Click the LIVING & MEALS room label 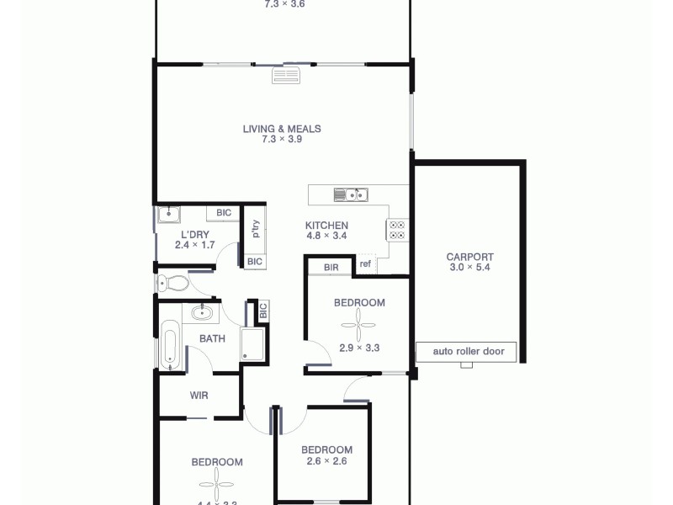tap(282, 129)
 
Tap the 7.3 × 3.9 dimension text tap(282, 140)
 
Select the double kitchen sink tap(350, 195)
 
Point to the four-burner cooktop tap(397, 230)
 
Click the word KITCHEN tap(326, 226)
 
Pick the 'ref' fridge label tap(365, 264)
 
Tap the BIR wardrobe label tap(330, 267)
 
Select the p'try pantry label tap(255, 229)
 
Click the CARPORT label tap(469, 257)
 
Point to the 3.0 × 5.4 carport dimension tap(469, 268)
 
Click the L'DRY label tap(195, 235)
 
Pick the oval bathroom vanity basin tap(202, 313)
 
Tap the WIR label tap(199, 395)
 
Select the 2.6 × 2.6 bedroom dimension tap(326, 461)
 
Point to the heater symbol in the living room tap(285, 76)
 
